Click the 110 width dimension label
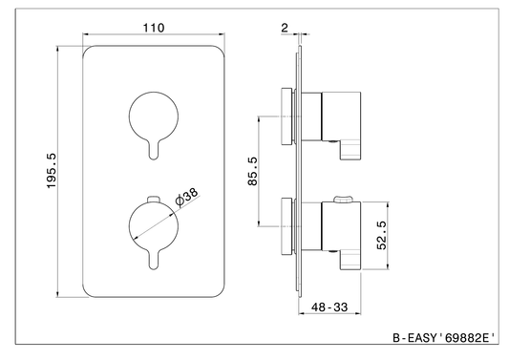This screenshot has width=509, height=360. click(x=154, y=28)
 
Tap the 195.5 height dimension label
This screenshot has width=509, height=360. click(x=52, y=171)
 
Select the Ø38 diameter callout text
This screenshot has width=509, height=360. click(x=186, y=197)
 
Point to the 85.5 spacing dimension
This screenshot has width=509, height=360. click(x=252, y=171)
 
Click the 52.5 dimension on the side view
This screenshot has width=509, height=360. click(x=382, y=235)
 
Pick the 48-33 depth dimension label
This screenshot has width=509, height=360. click(x=329, y=307)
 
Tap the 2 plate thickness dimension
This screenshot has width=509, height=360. click(x=285, y=28)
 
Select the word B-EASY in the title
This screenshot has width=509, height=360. click(x=414, y=338)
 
